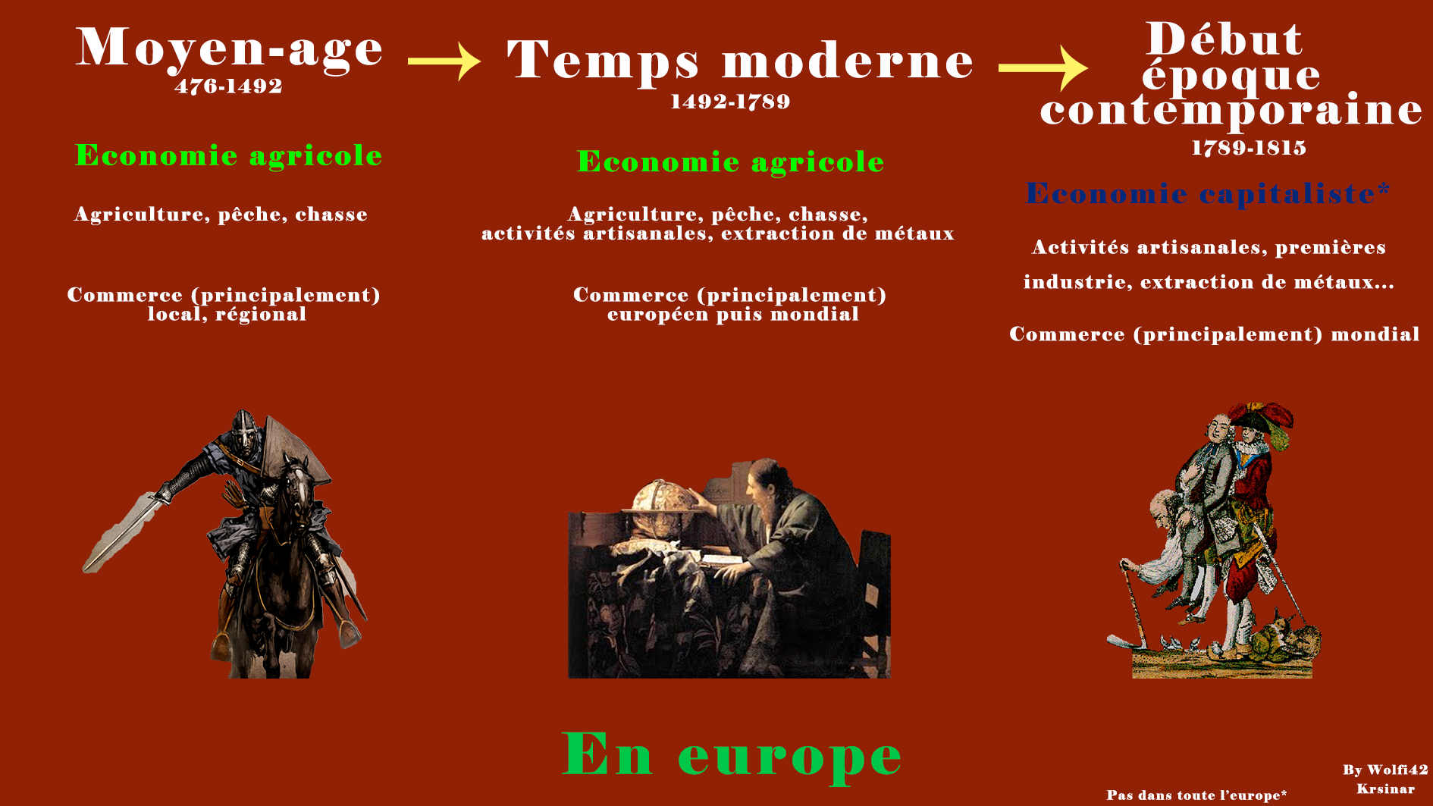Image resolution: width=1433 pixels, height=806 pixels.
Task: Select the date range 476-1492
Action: click(228, 86)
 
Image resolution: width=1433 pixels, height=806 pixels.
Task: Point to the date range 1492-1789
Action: click(730, 102)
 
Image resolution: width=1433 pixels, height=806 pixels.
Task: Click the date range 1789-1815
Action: click(1249, 148)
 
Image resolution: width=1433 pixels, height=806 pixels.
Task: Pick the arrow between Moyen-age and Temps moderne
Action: click(444, 61)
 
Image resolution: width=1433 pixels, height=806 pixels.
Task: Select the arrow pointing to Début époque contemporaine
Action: click(1043, 68)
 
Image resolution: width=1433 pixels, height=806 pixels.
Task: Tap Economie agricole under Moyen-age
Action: click(228, 155)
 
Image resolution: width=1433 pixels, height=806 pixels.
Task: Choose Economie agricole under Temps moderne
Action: click(730, 162)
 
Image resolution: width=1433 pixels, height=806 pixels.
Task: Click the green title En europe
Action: click(732, 754)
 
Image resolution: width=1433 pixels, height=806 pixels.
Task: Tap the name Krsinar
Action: click(1385, 789)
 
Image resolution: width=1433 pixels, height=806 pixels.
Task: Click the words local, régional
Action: click(227, 315)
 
